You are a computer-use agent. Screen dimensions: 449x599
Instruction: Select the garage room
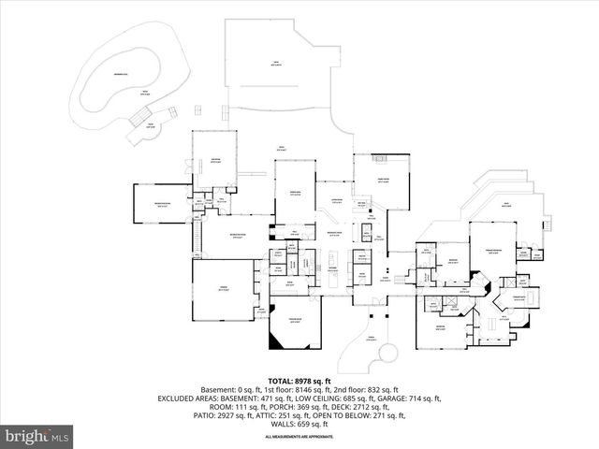coord(222,291)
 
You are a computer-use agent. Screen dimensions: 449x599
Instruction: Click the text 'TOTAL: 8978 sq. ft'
coord(299,381)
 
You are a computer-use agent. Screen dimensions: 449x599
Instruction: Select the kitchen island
coord(333,255)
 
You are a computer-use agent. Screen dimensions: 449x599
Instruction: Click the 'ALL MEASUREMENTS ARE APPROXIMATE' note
coord(299,437)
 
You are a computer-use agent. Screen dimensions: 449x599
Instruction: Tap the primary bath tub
coord(529,297)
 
